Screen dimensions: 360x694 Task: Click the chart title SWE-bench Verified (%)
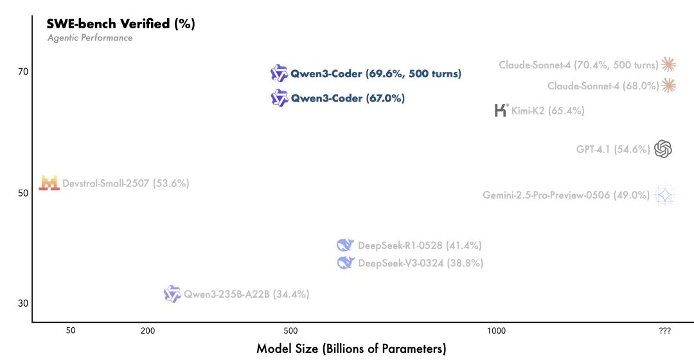(x=121, y=24)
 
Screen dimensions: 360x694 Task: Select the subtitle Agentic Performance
(x=90, y=38)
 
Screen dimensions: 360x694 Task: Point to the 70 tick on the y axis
(x=22, y=72)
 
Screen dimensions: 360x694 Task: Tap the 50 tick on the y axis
(x=22, y=194)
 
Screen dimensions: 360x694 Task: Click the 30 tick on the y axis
(x=22, y=303)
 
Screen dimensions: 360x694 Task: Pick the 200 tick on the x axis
(x=148, y=330)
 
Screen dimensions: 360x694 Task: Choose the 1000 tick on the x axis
(x=495, y=330)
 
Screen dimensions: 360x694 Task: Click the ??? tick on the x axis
(x=665, y=330)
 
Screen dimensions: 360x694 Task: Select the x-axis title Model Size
(x=351, y=349)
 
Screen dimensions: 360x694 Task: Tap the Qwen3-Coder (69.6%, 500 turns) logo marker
(x=279, y=73)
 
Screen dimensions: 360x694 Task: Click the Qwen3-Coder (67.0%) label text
(x=348, y=98)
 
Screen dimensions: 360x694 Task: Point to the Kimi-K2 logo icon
(x=501, y=110)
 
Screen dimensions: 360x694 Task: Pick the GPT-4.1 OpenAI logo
(x=663, y=149)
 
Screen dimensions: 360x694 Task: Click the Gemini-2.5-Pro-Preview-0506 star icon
(x=664, y=195)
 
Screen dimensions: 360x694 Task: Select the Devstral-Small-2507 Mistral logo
(x=49, y=183)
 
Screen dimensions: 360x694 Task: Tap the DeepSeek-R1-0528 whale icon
(x=346, y=245)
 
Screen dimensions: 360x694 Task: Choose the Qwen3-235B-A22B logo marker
(x=172, y=294)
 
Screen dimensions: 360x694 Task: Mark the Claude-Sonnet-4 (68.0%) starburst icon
(x=668, y=85)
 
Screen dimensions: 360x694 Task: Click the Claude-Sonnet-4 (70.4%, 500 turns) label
(x=578, y=65)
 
